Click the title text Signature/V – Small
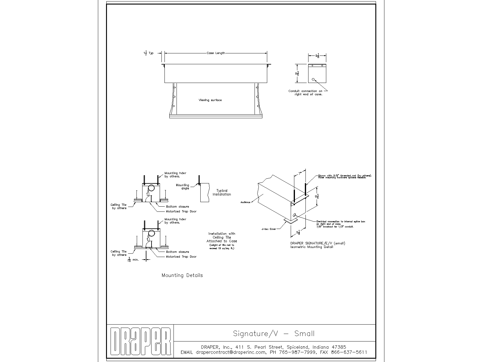274,334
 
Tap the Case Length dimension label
216,53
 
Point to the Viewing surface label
210,100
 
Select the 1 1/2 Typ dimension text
148,53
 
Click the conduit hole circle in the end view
313,79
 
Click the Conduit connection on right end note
305,93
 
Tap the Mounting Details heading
182,275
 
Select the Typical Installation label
222,192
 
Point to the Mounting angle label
183,187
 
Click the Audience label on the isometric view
245,202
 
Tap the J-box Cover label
268,229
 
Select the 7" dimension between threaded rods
300,174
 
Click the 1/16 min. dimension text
133,259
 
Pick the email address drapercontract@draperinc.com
231,352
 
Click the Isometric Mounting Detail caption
312,247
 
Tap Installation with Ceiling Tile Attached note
222,237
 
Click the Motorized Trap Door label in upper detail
181,211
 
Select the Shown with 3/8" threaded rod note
344,176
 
